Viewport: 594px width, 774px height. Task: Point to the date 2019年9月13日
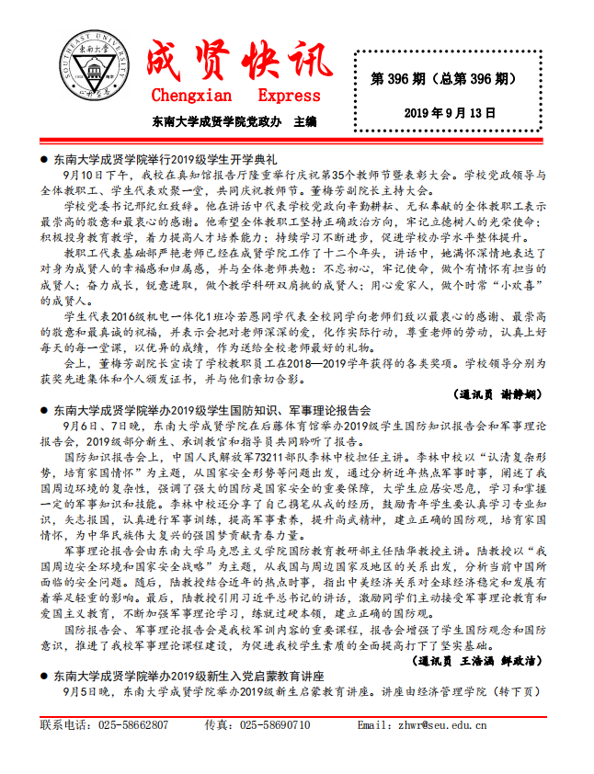pos(450,113)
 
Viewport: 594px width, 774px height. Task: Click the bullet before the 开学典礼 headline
pos(44,158)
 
